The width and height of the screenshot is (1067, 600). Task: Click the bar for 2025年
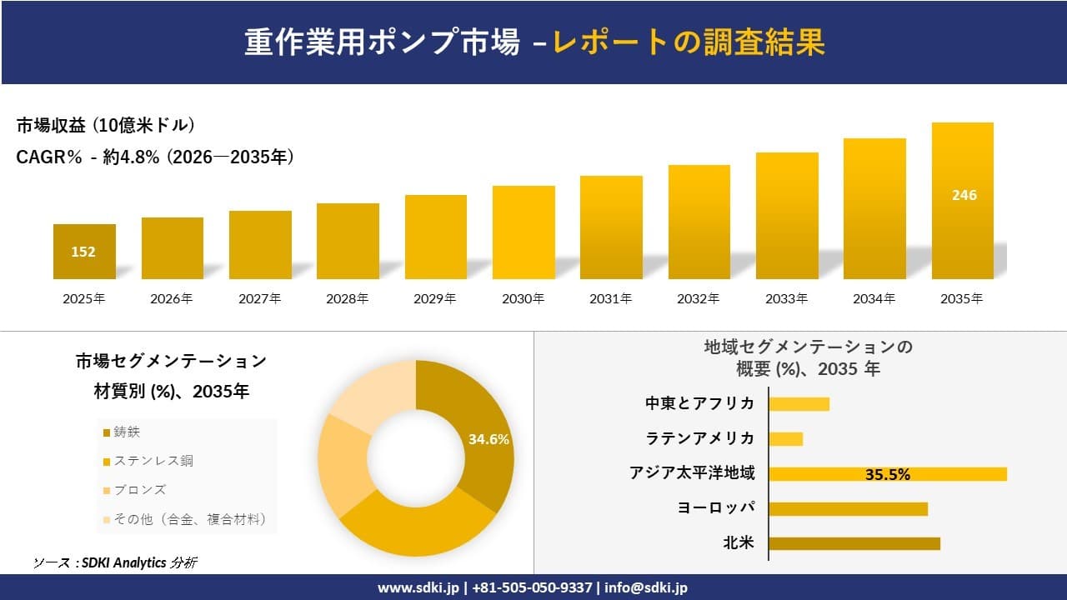click(84, 252)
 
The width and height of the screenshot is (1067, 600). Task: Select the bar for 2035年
click(962, 201)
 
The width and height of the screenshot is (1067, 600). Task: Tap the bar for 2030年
click(523, 232)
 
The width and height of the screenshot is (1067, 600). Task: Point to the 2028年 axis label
click(348, 298)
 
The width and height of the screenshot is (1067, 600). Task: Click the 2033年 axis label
click(787, 298)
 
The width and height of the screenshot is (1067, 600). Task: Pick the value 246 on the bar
click(964, 195)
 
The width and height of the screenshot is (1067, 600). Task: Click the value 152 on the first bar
click(83, 252)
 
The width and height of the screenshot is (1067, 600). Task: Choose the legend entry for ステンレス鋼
click(147, 461)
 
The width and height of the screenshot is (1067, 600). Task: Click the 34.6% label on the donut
click(488, 439)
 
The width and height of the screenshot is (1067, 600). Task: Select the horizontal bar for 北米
click(854, 543)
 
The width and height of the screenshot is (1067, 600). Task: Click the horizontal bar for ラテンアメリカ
click(785, 438)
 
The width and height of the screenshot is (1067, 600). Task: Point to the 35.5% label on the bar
click(887, 474)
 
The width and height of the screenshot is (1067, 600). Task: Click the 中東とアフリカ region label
click(700, 403)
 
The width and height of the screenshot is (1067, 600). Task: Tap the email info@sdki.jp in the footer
click(646, 587)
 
